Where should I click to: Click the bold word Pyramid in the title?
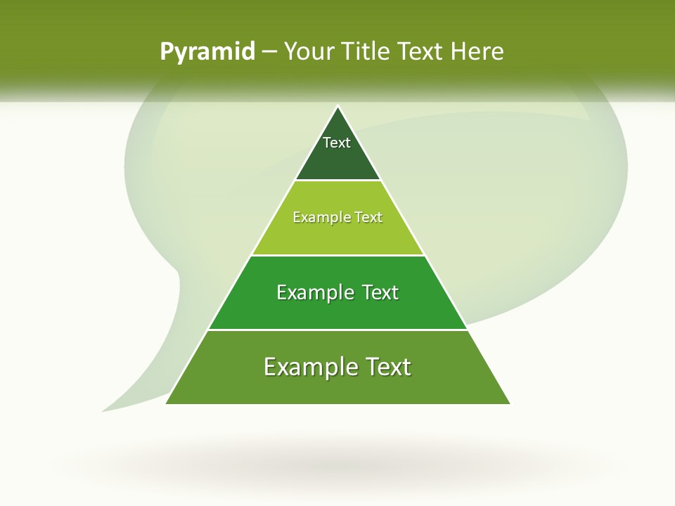207,52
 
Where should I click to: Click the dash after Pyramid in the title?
269,52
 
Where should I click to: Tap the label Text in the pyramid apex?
337,143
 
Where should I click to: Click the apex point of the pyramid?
337,107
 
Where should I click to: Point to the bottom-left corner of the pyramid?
167,403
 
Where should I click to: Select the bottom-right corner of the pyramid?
509,403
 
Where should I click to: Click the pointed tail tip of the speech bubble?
103,410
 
